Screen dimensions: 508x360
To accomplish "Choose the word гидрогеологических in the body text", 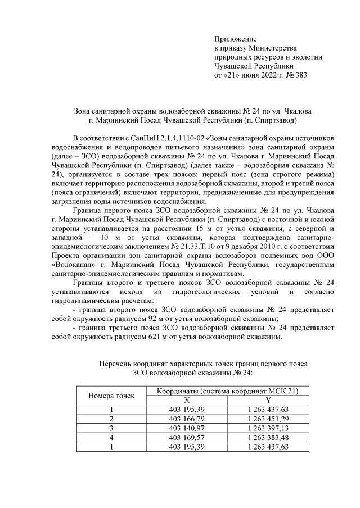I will pos(196,292).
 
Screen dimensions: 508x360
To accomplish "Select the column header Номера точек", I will pos(111,396).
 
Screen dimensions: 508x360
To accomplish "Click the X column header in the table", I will pos(187,400).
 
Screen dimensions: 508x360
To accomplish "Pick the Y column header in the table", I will pos(268,400).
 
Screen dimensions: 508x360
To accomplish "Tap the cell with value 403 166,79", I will pos(187,419).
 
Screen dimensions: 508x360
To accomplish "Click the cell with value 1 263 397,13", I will pos(268,428).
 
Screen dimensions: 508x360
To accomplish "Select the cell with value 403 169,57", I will pos(187,437).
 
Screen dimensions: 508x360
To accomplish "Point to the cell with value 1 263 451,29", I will pos(268,419).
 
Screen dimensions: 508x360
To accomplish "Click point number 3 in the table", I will pos(111,428).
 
